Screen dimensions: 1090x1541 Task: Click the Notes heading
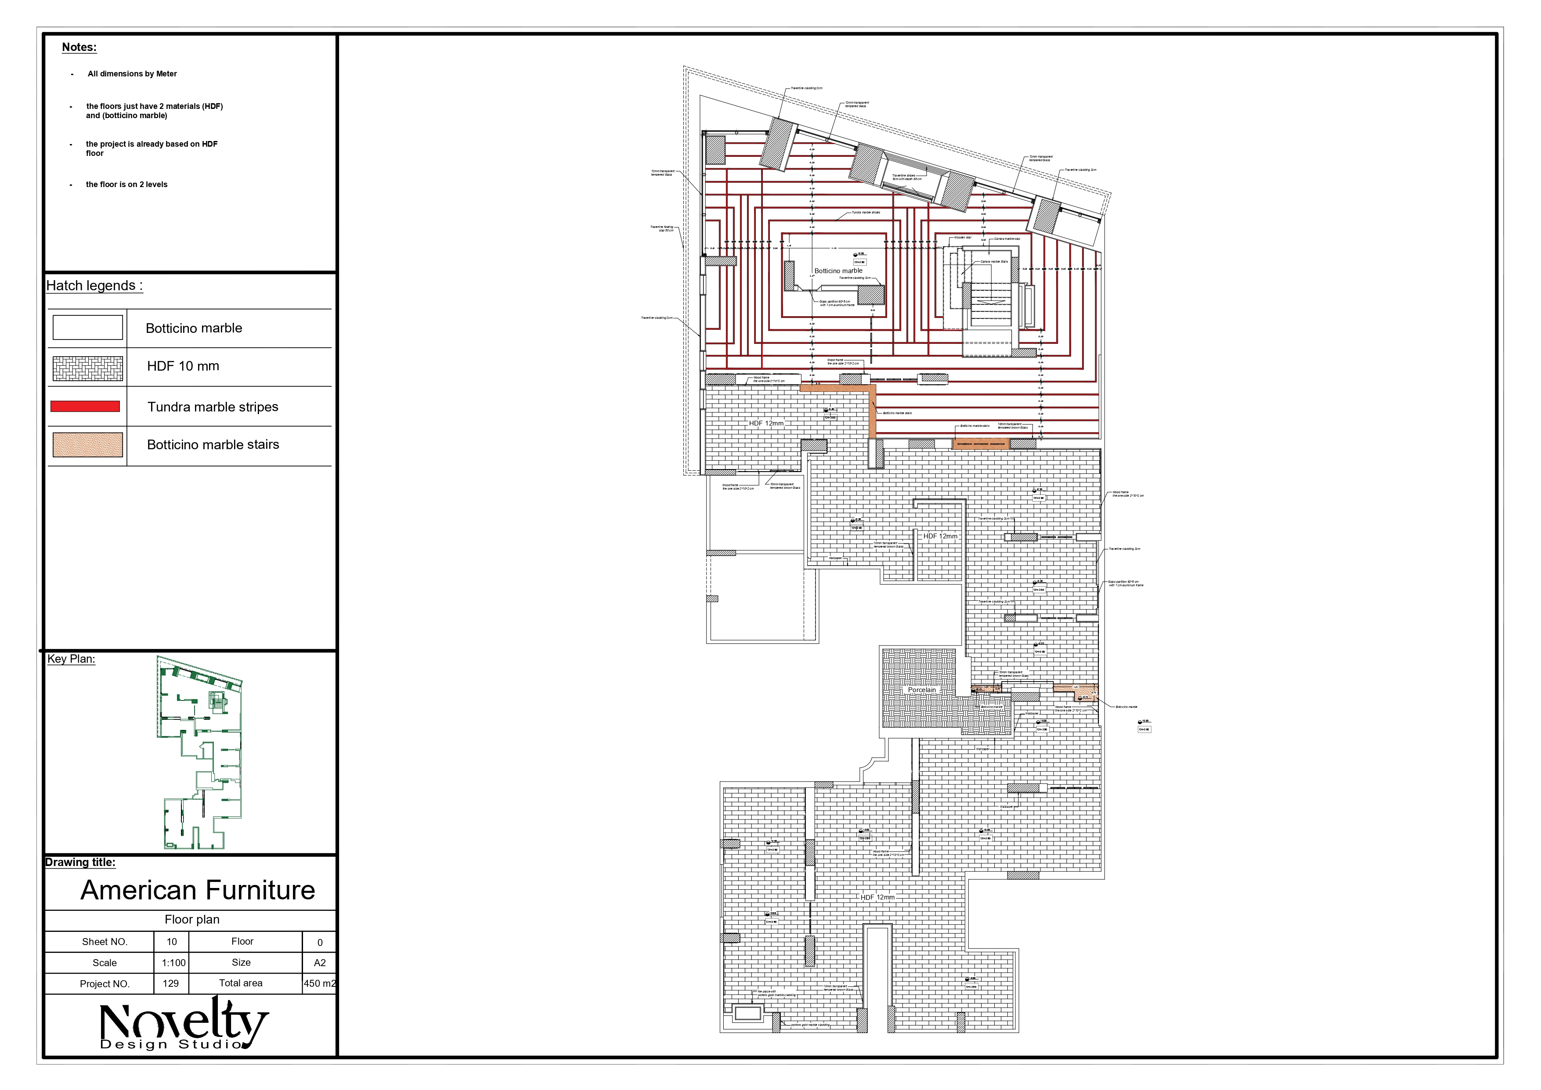pyautogui.click(x=79, y=47)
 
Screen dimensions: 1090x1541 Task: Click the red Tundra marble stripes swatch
pyautogui.click(x=85, y=407)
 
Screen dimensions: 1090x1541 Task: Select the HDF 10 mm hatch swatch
pyautogui.click(x=88, y=368)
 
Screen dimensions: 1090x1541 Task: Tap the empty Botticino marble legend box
pyautogui.click(x=88, y=328)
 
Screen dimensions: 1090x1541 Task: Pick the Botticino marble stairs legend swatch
pyautogui.click(x=88, y=445)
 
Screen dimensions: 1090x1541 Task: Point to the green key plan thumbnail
pyautogui.click(x=199, y=752)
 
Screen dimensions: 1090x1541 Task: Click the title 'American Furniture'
pyautogui.click(x=198, y=890)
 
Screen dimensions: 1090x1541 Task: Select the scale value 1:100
pyautogui.click(x=173, y=963)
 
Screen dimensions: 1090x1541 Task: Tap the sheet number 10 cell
pyautogui.click(x=172, y=942)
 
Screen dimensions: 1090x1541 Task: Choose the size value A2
pyautogui.click(x=319, y=963)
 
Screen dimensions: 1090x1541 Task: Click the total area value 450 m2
pyautogui.click(x=319, y=983)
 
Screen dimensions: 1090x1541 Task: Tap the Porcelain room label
pyautogui.click(x=921, y=690)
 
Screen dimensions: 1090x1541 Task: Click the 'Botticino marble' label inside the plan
pyautogui.click(x=838, y=271)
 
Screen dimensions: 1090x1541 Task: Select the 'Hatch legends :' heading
pyautogui.click(x=94, y=286)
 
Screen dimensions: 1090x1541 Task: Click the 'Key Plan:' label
pyautogui.click(x=71, y=659)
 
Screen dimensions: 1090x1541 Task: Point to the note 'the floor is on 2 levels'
pyautogui.click(x=127, y=184)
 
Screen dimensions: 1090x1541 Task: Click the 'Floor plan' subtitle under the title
pyautogui.click(x=192, y=920)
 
